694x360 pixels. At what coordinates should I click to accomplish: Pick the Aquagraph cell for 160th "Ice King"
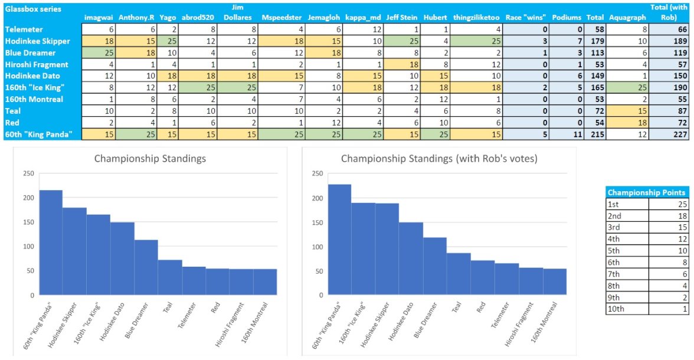[627, 87]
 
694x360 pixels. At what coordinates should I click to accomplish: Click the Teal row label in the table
[12, 111]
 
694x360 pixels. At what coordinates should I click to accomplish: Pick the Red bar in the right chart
[483, 277]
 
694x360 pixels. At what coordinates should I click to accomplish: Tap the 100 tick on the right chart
[317, 246]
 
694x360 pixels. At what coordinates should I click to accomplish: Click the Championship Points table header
[646, 192]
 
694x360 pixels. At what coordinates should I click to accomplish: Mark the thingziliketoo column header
[476, 18]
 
